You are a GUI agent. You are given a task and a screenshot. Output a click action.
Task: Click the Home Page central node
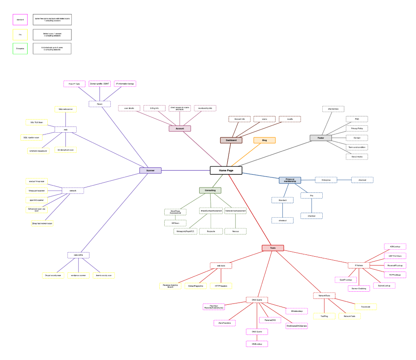(x=226, y=170)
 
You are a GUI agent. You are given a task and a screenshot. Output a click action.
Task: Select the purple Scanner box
(x=150, y=170)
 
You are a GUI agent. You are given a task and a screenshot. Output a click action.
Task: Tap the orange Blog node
(x=264, y=141)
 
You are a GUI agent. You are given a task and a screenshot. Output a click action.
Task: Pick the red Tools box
(x=273, y=248)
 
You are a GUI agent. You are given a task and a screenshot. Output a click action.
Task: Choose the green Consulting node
(x=210, y=191)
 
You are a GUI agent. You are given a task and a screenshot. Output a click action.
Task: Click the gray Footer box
(x=321, y=138)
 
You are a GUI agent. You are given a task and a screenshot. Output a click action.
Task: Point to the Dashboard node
(x=231, y=140)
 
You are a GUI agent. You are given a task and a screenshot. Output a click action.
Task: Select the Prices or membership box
(x=290, y=180)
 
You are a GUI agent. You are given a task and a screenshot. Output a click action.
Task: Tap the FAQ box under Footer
(x=357, y=119)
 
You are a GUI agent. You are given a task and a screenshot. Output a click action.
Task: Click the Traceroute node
(x=366, y=307)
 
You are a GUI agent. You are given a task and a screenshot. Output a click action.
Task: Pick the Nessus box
(x=236, y=231)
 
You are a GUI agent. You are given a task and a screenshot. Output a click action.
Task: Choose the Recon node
(x=99, y=104)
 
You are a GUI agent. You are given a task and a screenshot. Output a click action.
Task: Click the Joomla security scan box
(x=103, y=275)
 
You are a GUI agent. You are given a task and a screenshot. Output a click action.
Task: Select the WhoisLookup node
(x=296, y=311)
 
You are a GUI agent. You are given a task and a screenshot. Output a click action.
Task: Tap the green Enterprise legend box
(x=20, y=49)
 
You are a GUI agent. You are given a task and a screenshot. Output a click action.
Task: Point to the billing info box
(x=154, y=108)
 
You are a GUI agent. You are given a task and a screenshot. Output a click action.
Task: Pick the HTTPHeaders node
(x=221, y=286)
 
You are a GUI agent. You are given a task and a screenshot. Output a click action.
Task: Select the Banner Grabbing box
(x=359, y=289)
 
